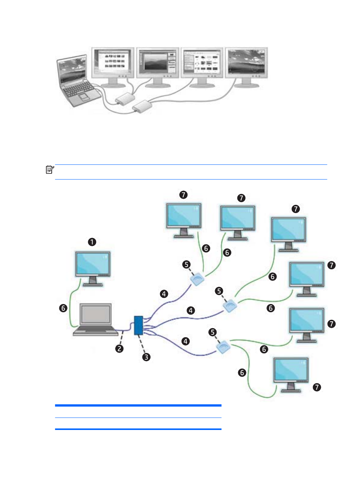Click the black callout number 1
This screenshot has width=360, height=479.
(x=92, y=242)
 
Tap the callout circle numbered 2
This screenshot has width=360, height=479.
(x=119, y=349)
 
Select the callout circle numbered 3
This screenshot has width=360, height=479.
(x=146, y=357)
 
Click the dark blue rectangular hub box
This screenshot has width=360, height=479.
(x=138, y=325)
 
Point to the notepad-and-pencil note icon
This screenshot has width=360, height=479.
(x=50, y=170)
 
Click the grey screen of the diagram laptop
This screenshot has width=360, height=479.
(x=95, y=314)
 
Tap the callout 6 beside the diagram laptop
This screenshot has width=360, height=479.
(x=63, y=308)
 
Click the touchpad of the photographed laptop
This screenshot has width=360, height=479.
(x=84, y=97)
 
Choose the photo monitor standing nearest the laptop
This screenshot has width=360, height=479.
(x=113, y=67)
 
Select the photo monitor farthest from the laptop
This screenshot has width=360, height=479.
(x=246, y=67)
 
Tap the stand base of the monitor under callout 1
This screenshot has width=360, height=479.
(x=93, y=284)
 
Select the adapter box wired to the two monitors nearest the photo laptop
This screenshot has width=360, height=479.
(x=125, y=99)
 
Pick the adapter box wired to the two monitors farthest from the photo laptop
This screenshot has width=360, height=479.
(x=142, y=106)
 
